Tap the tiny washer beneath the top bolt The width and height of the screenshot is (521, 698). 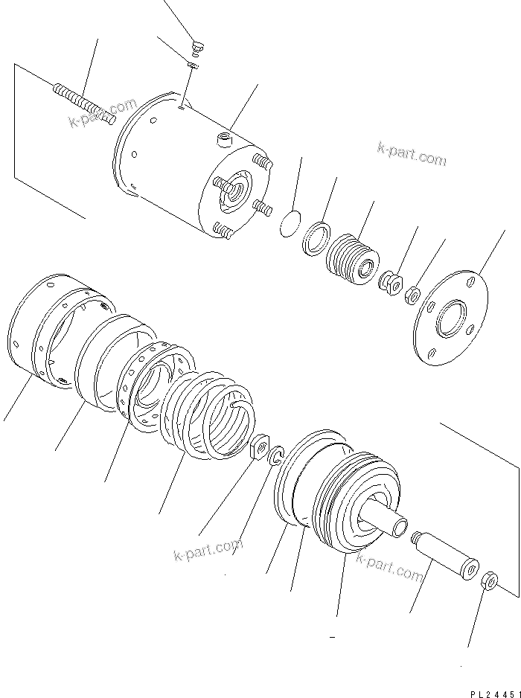193,66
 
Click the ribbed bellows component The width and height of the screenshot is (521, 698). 353,257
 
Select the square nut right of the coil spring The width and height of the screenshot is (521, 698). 259,449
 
